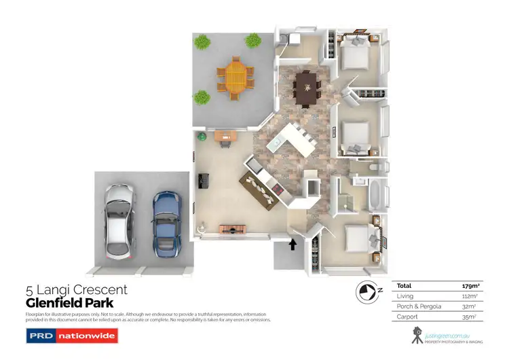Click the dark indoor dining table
(307, 88)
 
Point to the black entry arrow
(293, 244)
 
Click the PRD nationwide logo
(71, 336)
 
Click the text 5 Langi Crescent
(76, 290)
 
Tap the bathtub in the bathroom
(375, 194)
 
